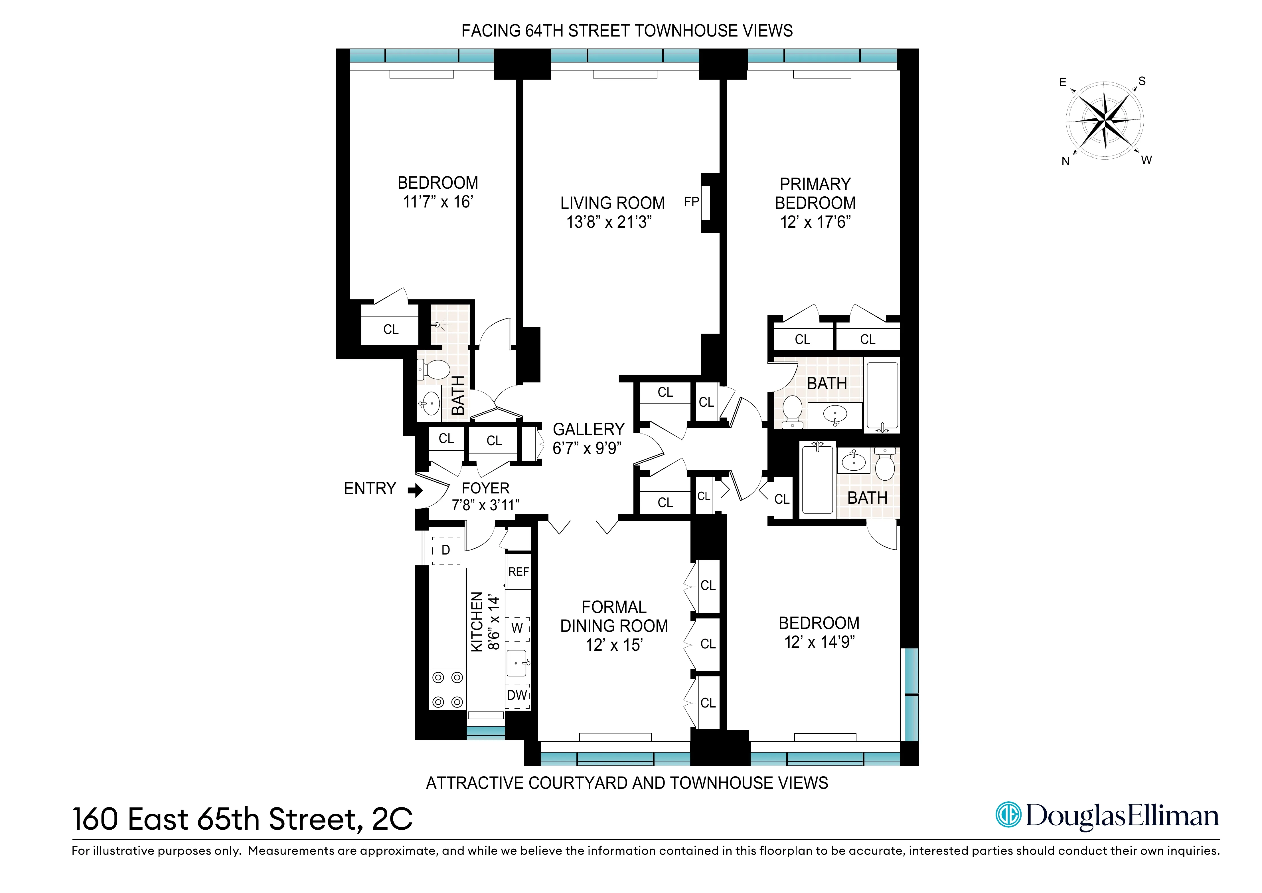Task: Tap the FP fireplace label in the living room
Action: click(691, 202)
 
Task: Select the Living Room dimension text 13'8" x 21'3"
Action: click(609, 222)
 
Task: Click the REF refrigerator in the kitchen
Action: click(518, 572)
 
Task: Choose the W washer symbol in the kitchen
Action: click(517, 628)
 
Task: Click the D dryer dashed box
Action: click(446, 551)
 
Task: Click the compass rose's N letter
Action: click(1065, 162)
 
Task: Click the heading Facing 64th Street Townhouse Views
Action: click(627, 31)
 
